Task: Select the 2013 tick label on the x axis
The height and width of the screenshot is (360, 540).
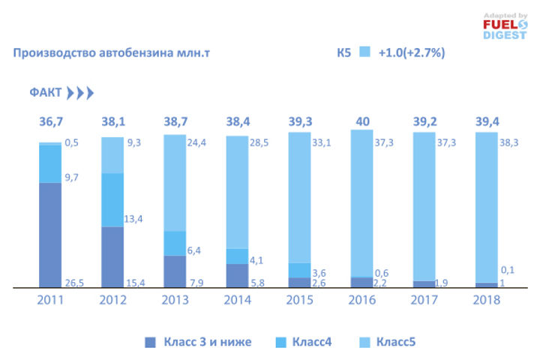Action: tap(175, 300)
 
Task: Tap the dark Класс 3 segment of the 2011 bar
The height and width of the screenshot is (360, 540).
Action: tap(50, 234)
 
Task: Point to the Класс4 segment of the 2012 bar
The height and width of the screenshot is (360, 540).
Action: tap(112, 199)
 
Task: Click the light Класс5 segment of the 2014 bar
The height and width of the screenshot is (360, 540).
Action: tap(237, 191)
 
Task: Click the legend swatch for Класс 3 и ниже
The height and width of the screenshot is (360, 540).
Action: tap(150, 342)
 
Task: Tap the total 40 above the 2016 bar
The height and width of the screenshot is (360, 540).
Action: tap(362, 121)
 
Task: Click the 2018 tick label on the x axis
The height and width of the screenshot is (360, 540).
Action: tap(485, 300)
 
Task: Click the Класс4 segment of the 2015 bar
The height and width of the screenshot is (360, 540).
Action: tap(299, 270)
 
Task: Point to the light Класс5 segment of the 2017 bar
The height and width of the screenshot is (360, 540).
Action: tap(424, 206)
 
